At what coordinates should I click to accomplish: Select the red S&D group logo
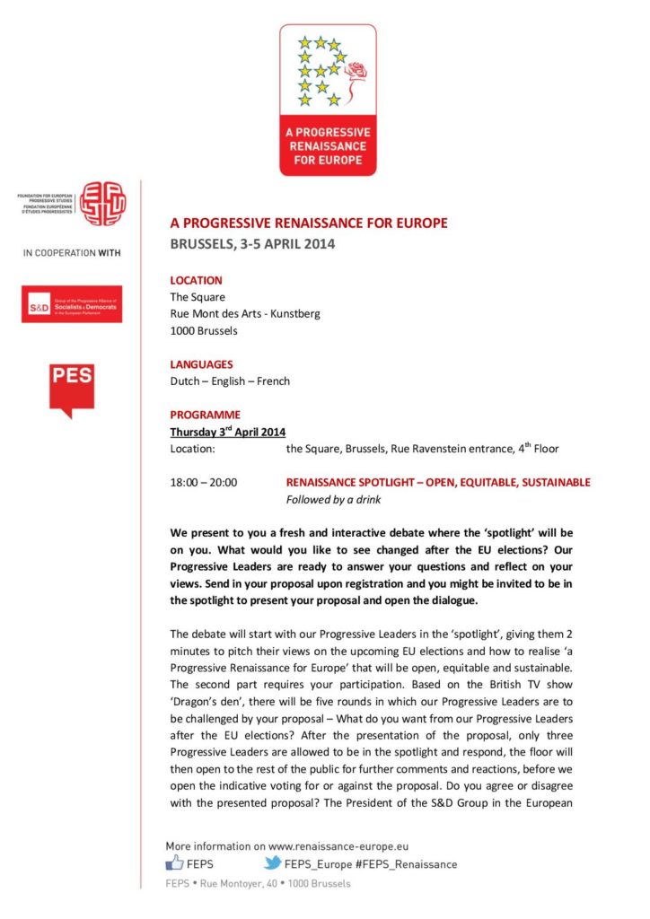[72, 304]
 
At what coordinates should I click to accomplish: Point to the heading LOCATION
[196, 280]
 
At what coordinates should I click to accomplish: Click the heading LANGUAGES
[201, 364]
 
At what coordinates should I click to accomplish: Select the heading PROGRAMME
[206, 415]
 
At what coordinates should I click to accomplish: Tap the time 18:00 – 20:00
[204, 482]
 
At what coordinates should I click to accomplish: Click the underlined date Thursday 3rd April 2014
[228, 432]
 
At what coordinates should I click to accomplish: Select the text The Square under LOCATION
[198, 297]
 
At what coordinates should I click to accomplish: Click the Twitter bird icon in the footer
[271, 863]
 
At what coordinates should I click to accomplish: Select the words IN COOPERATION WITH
[72, 253]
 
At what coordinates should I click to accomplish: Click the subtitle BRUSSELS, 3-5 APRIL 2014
[252, 244]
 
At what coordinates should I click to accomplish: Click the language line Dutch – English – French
[230, 381]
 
